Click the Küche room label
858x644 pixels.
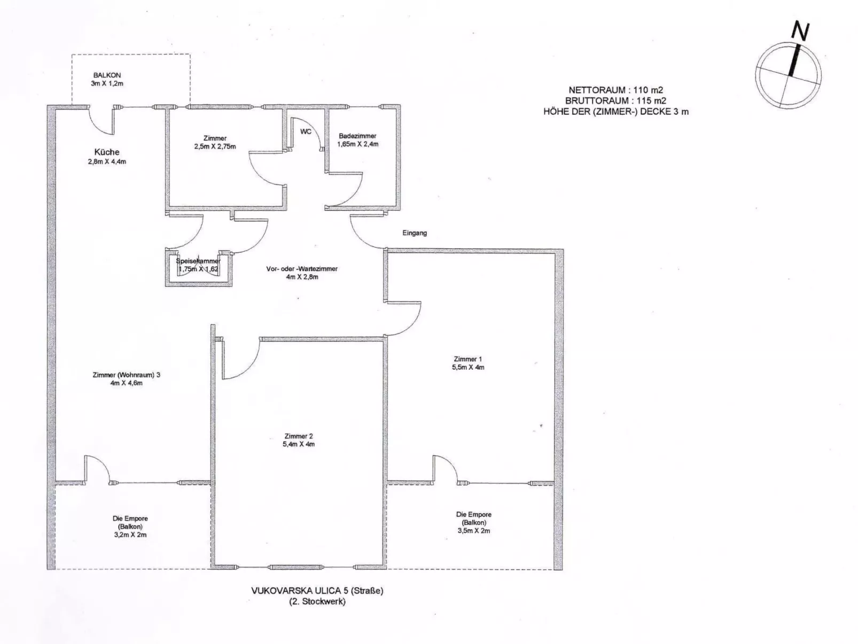pos(107,152)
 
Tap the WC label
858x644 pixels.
pos(306,131)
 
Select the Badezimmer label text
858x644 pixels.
pos(357,136)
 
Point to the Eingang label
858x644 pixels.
pos(415,233)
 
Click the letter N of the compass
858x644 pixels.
pos(800,32)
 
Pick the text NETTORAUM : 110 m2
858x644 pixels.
pos(615,90)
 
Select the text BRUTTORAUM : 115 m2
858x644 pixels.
pos(615,100)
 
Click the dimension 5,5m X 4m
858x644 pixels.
pos(468,368)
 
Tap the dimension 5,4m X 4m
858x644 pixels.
pos(299,444)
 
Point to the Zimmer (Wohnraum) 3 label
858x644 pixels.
pos(126,375)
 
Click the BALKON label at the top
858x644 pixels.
pos(107,75)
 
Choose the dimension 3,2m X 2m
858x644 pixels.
pos(130,534)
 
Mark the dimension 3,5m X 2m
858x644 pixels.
pos(473,531)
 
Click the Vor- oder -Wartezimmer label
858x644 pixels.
pos(302,269)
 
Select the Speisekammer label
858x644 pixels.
pos(198,261)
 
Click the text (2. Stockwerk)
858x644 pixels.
pos(317,601)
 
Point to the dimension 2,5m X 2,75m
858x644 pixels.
pos(215,146)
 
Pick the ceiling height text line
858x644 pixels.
pos(615,112)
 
